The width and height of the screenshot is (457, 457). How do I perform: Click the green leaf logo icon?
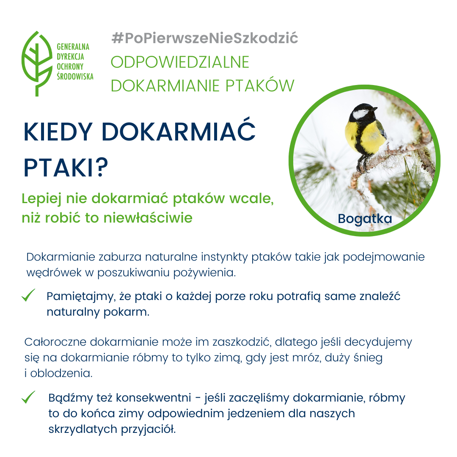click(x=37, y=63)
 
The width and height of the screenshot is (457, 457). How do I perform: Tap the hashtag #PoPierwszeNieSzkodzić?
click(x=205, y=38)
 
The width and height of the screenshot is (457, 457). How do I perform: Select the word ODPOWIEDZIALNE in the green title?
click(x=180, y=62)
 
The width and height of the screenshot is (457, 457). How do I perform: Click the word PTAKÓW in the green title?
click(x=260, y=85)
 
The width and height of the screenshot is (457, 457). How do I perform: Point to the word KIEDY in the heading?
click(x=58, y=132)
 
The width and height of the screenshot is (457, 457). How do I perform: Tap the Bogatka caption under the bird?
click(x=365, y=219)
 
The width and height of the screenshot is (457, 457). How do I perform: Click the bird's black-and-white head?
click(x=363, y=113)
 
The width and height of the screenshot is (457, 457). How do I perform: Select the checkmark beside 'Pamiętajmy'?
click(x=29, y=295)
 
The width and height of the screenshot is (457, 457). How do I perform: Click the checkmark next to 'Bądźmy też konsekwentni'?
click(x=29, y=397)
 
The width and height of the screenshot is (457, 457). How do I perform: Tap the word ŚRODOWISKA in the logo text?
click(x=75, y=76)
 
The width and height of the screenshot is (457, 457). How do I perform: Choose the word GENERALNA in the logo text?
click(x=73, y=47)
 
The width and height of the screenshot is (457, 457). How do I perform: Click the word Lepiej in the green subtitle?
click(x=41, y=199)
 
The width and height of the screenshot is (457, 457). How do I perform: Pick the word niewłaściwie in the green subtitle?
click(x=148, y=218)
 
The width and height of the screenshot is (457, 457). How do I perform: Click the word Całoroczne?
click(x=55, y=342)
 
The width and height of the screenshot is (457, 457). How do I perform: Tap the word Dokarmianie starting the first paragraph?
click(x=61, y=257)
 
